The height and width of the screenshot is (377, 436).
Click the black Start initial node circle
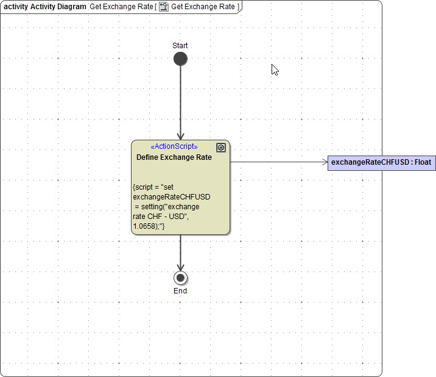coord(180,59)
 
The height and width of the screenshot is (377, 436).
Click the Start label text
coord(180,46)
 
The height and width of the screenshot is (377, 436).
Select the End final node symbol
coord(180,278)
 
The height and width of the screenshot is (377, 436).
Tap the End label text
coord(180,291)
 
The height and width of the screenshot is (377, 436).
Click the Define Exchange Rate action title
coord(174,157)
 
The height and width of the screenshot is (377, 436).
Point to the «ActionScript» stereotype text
coord(174,146)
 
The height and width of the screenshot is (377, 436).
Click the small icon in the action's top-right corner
coord(221,148)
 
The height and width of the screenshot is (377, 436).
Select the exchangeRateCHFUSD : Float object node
coord(381,163)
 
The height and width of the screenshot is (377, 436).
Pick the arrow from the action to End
coord(180,250)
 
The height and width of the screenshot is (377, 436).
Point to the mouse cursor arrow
coord(274,69)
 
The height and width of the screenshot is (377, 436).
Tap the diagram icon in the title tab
coord(164,7)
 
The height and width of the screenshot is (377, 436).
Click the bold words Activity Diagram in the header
coord(58,7)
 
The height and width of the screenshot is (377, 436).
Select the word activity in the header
coord(16,7)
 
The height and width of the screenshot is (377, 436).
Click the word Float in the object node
coord(423,163)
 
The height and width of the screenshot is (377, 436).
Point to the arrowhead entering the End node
coord(180,267)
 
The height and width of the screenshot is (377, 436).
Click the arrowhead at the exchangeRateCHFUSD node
coord(324,162)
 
